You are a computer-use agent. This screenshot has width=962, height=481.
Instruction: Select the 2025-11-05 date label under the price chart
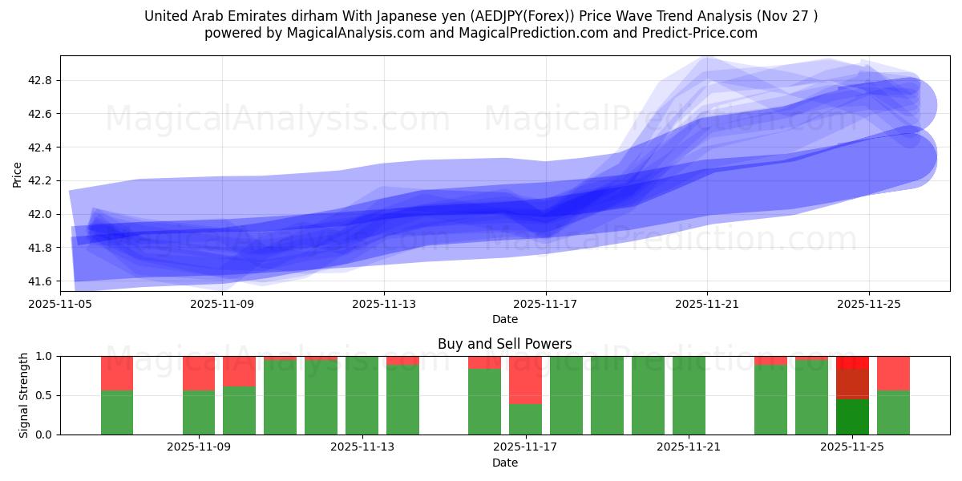pyautogui.click(x=60, y=305)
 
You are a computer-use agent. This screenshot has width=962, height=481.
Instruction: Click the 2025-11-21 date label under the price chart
pyautogui.click(x=707, y=305)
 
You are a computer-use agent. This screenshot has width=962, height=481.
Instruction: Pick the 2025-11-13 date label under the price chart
pyautogui.click(x=383, y=305)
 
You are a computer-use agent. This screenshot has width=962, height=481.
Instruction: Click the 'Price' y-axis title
pyautogui.click(x=17, y=174)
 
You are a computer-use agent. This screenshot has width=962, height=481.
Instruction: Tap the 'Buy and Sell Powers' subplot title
pyautogui.click(x=505, y=344)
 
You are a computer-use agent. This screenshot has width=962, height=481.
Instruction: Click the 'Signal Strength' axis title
pyautogui.click(x=24, y=395)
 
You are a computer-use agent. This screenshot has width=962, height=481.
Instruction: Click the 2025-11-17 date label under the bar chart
pyautogui.click(x=525, y=448)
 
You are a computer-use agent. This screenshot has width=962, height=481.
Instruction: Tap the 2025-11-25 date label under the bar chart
pyautogui.click(x=852, y=448)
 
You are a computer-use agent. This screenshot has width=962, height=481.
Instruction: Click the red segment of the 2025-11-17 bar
pyautogui.click(x=525, y=380)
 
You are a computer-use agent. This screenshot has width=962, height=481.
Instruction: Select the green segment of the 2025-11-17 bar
pyautogui.click(x=525, y=419)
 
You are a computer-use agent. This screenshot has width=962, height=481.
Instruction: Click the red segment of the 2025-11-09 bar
pyautogui.click(x=199, y=373)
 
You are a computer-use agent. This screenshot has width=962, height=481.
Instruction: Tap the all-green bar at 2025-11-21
pyautogui.click(x=689, y=395)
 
